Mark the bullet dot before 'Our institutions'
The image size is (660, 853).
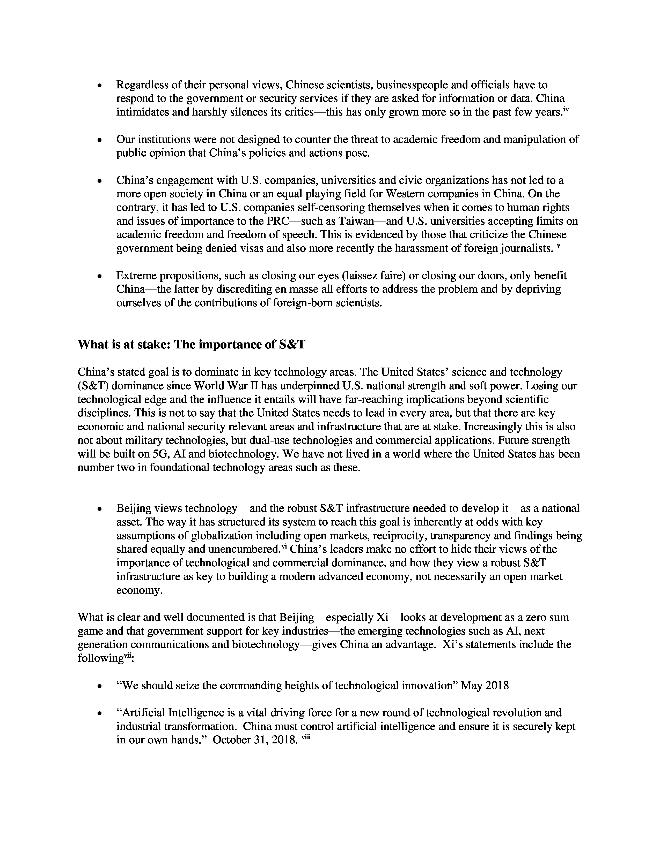(x=100, y=140)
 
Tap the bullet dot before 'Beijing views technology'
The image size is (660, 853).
(x=100, y=509)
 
